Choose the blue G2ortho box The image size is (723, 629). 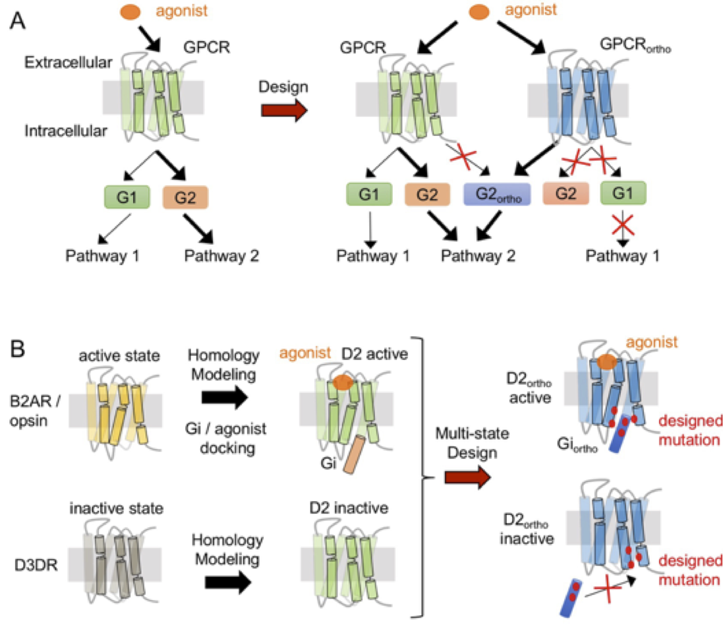tap(498, 195)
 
